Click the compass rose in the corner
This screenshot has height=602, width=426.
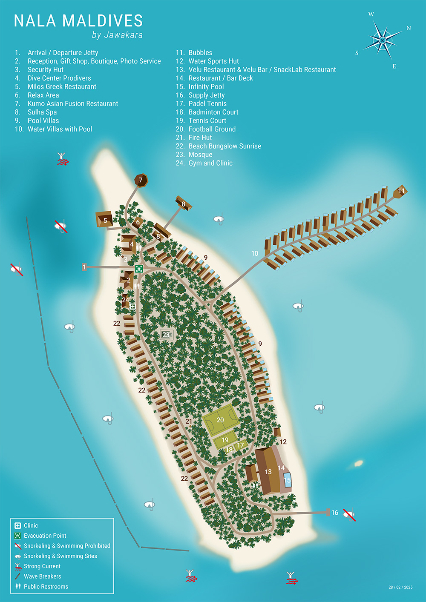pyautogui.click(x=383, y=40)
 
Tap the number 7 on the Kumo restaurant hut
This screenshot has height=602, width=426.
pyautogui.click(x=141, y=180)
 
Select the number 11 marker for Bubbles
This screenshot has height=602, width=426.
pyautogui.click(x=401, y=191)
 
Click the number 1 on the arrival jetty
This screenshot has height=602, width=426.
pyautogui.click(x=84, y=267)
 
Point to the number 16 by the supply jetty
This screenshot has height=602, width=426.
pyautogui.click(x=335, y=513)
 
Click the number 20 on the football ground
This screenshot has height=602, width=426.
pyautogui.click(x=220, y=420)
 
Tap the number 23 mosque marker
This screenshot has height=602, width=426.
pyautogui.click(x=166, y=335)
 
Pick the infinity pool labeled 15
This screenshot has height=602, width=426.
pyautogui.click(x=287, y=480)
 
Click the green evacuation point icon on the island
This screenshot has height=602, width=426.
pyautogui.click(x=139, y=269)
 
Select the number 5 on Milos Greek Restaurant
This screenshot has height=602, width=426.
pyautogui.click(x=105, y=221)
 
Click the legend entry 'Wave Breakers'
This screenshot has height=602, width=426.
pyautogui.click(x=42, y=576)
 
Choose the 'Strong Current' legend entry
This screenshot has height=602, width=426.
pyautogui.click(x=42, y=566)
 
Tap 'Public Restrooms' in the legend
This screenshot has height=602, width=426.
pyautogui.click(x=46, y=587)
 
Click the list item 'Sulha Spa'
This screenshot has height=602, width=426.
pyautogui.click(x=42, y=112)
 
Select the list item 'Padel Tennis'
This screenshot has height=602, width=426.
pyautogui.click(x=207, y=103)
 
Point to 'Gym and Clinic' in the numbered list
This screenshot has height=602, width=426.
pyautogui.click(x=210, y=163)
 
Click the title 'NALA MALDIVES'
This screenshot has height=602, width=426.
pyautogui.click(x=78, y=21)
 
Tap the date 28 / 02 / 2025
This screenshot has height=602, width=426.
pyautogui.click(x=400, y=587)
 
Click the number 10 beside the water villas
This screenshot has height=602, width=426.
pyautogui.click(x=255, y=253)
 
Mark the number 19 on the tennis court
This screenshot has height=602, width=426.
pyautogui.click(x=225, y=440)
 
